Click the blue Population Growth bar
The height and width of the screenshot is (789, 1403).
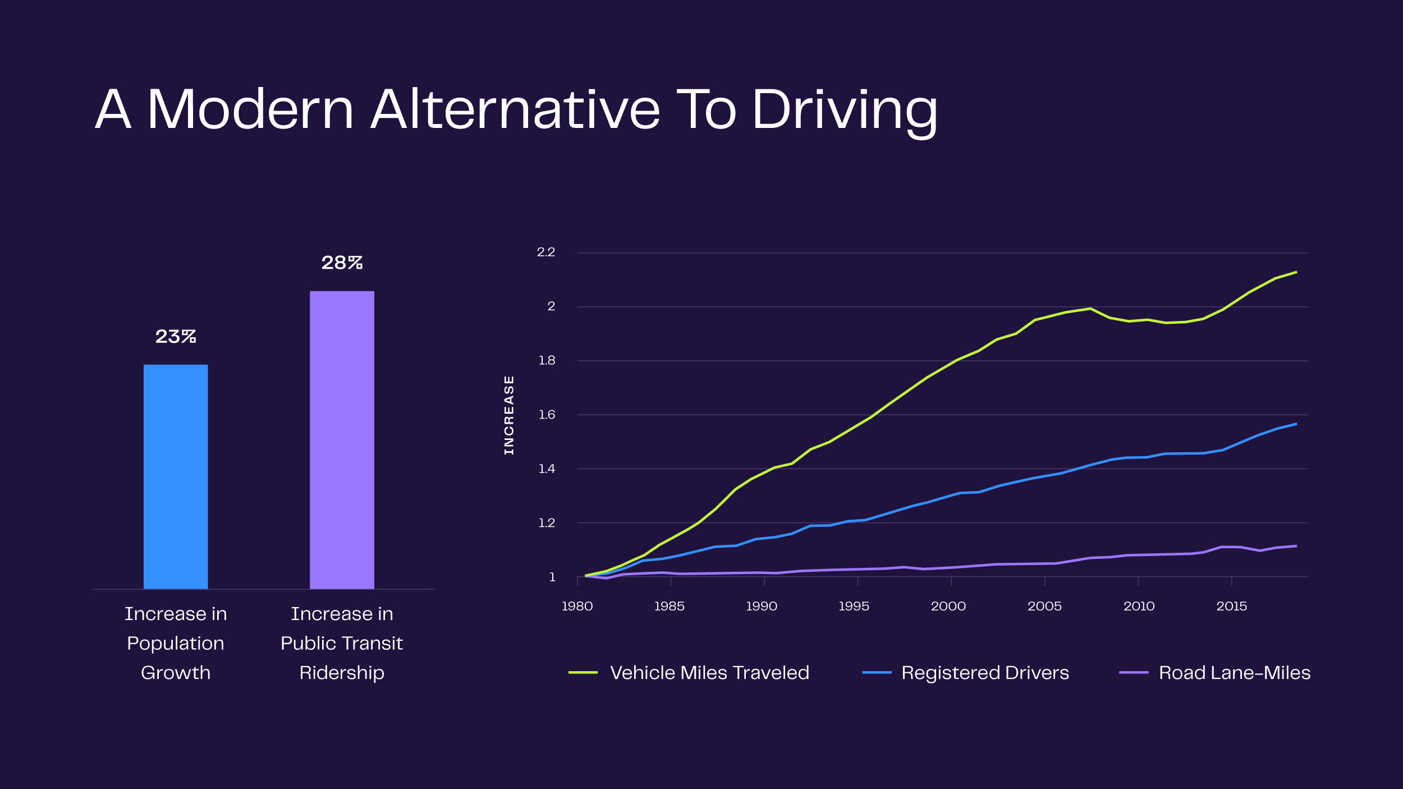click(176, 476)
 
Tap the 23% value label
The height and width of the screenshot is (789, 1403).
click(176, 336)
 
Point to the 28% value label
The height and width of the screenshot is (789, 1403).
click(342, 263)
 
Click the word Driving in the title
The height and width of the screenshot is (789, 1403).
click(844, 110)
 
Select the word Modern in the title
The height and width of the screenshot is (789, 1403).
click(250, 110)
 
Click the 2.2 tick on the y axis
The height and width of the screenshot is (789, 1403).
click(545, 253)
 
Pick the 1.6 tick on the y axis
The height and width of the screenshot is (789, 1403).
click(547, 415)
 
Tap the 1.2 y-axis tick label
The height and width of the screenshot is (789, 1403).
click(547, 523)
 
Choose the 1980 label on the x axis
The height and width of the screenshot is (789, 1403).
click(577, 606)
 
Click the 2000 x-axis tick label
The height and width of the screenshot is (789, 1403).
click(948, 606)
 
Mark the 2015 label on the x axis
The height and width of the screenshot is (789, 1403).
click(1232, 606)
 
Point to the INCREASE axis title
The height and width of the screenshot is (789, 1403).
click(509, 415)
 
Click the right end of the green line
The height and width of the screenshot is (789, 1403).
click(1296, 272)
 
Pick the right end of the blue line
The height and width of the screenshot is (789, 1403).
click(1296, 424)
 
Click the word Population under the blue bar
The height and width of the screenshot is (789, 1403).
click(176, 643)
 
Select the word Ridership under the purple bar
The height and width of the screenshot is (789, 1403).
click(342, 672)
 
